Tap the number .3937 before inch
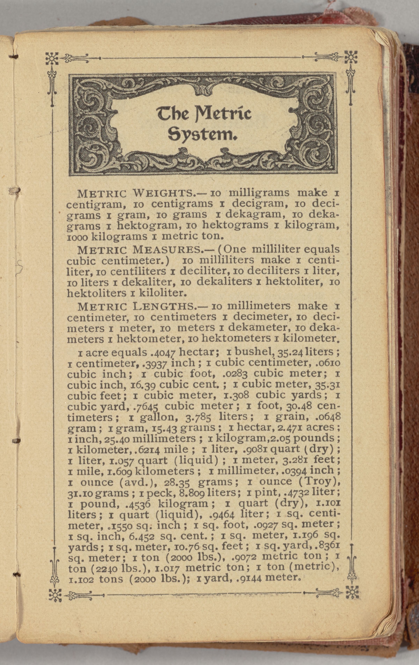[x=155, y=363]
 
